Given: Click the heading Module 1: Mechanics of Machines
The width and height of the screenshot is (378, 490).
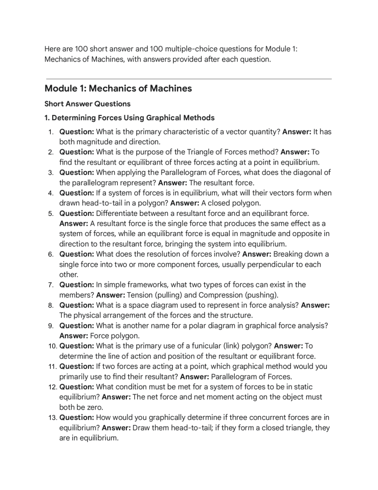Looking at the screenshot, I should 118,89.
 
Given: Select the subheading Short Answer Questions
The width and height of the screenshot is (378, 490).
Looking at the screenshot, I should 87,104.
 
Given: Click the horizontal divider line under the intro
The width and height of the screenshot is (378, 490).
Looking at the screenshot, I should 189,79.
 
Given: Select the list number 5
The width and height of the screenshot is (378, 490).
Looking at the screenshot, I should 50,213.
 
